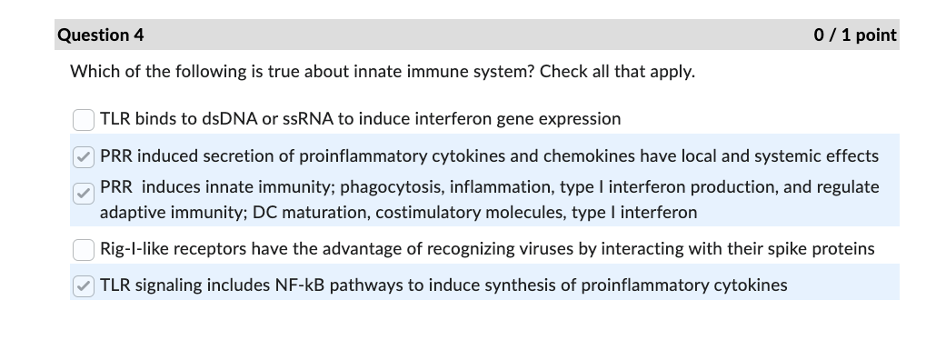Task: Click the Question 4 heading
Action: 101,35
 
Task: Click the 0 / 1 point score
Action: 855,35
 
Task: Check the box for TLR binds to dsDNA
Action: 84,119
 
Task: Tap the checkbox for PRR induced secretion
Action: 84,156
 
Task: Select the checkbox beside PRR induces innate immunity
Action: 84,192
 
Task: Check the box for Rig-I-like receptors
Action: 84,249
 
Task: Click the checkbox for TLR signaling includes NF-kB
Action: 84,285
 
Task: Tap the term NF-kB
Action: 301,285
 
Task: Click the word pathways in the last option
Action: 365,285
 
